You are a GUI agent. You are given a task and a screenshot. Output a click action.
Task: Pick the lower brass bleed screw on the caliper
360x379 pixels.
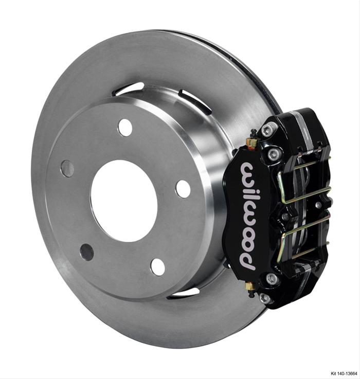[x=250, y=286]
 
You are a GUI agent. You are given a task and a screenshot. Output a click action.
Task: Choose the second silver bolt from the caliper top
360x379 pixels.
[x=274, y=153]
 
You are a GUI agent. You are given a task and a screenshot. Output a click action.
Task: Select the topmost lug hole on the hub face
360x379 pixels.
[x=125, y=127]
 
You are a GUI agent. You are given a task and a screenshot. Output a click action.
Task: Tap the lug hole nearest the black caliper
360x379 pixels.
[x=183, y=189]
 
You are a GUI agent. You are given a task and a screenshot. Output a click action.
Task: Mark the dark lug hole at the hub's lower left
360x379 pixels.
[x=87, y=252]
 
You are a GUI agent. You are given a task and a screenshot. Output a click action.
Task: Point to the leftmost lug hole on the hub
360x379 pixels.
[x=67, y=168]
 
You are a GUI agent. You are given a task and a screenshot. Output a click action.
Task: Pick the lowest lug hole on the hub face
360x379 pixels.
[x=158, y=267]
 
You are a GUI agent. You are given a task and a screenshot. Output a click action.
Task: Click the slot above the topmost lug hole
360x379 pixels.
[x=129, y=88]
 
